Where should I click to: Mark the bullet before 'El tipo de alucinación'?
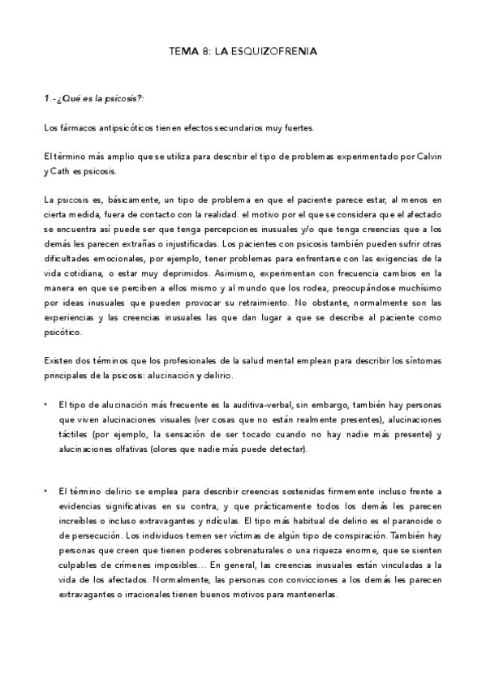pos(47,405)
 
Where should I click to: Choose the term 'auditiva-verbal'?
pos(275,405)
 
